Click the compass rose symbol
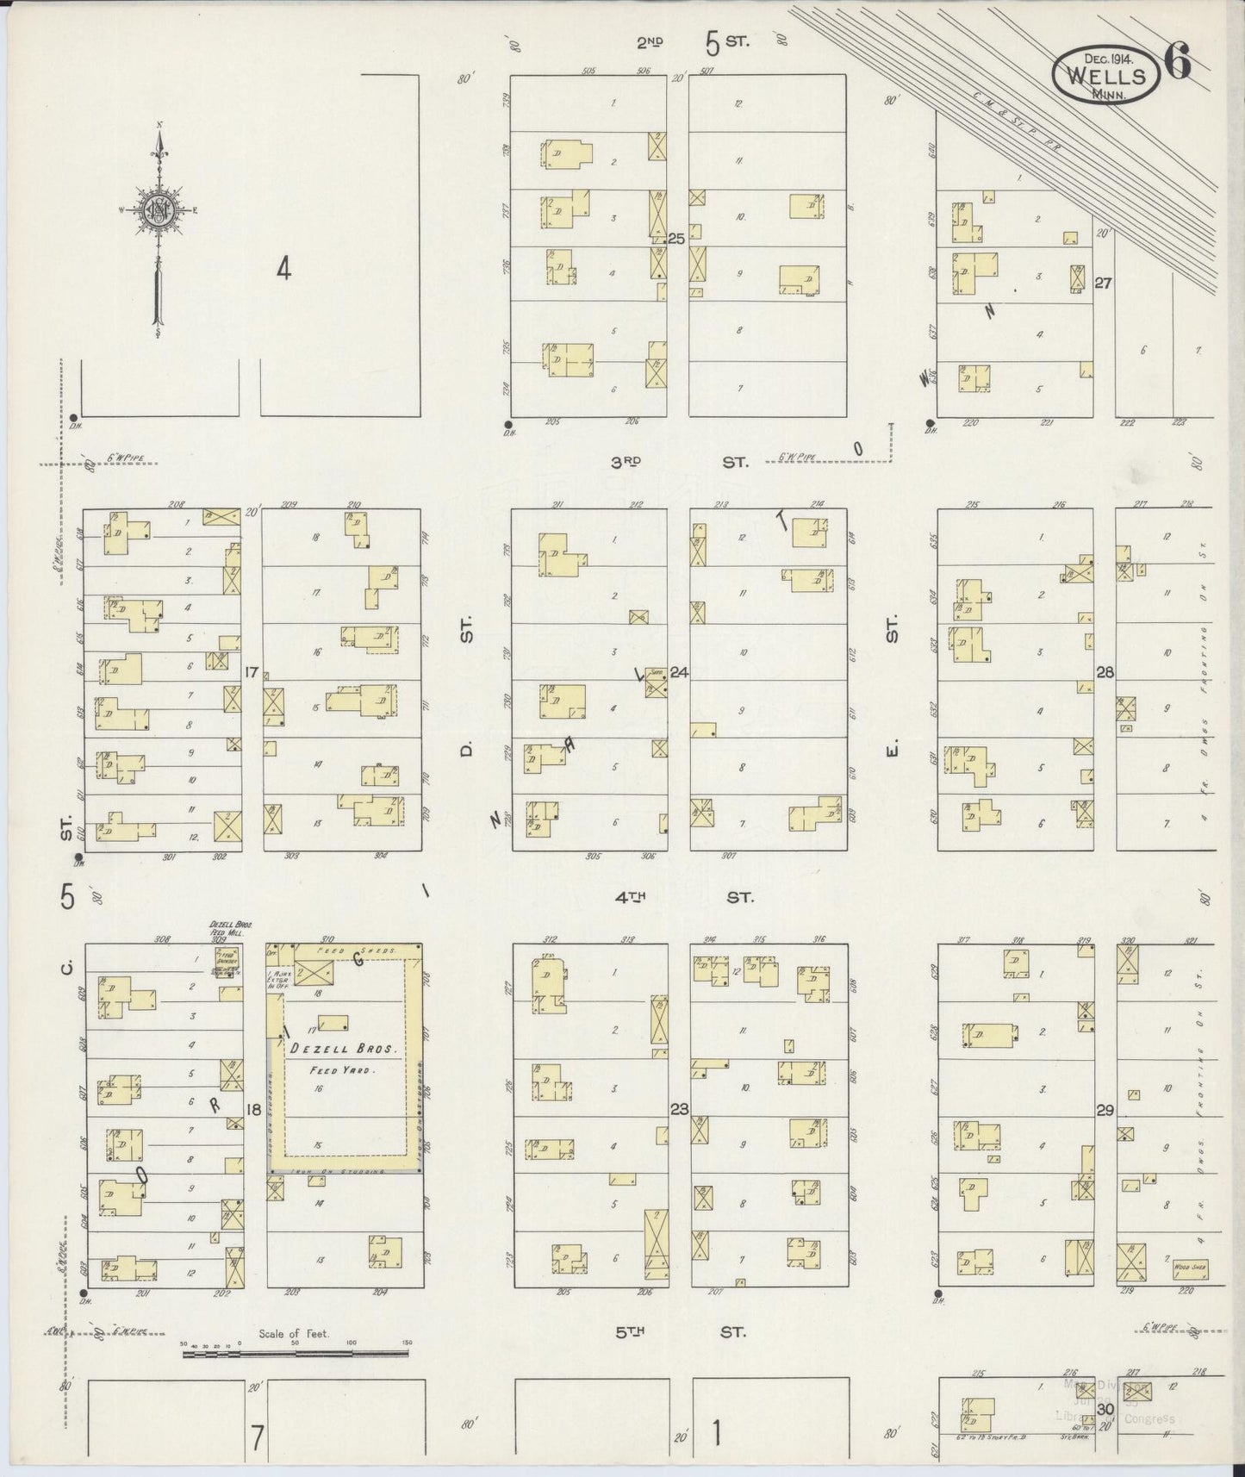[x=159, y=209]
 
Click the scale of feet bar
[x=295, y=1354]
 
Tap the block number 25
[x=676, y=239]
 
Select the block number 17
[x=252, y=672]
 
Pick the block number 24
[x=679, y=672]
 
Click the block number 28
[x=1105, y=672]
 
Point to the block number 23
[x=679, y=1109]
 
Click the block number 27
[x=1101, y=282]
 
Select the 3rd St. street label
[x=679, y=463]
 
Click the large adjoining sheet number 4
[x=283, y=269]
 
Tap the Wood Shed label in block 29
[x=1190, y=1267]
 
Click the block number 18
[x=252, y=1109]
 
